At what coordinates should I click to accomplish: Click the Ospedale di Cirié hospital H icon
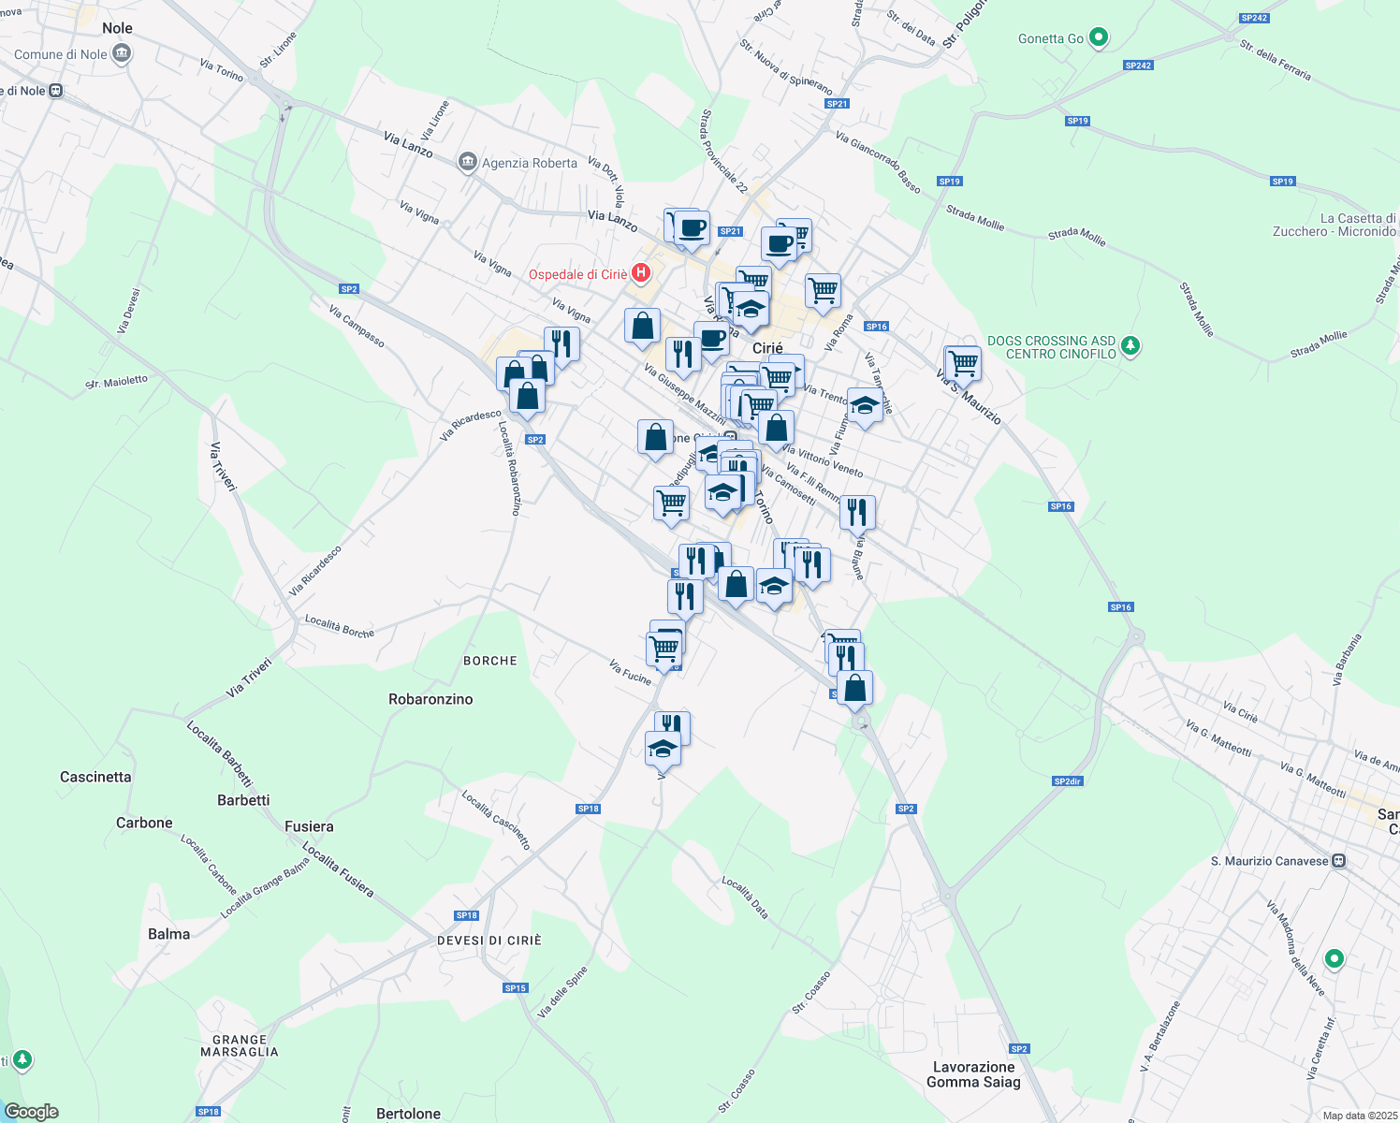641,273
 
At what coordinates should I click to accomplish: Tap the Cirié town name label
767,348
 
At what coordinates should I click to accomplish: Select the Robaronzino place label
430,699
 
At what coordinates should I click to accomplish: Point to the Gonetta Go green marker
1100,38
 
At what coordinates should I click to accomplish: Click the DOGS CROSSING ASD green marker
1130,346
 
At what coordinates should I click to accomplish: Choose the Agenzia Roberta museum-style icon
467,163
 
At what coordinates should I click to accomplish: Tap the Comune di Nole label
61,54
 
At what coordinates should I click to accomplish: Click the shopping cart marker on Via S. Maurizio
963,362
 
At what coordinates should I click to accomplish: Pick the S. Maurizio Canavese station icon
1339,861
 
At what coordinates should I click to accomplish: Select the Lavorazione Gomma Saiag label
973,1074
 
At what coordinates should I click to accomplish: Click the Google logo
32,1112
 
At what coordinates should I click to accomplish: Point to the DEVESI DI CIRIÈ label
489,941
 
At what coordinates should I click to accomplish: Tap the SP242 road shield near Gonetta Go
1138,66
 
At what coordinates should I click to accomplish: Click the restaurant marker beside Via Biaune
857,513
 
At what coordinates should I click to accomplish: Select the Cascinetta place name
95,777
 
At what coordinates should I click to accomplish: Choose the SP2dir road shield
1067,781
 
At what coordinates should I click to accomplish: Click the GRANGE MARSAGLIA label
240,1045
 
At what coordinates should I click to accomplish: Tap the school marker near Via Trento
864,405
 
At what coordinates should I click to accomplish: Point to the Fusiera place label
309,826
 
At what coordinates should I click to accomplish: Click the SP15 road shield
516,988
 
